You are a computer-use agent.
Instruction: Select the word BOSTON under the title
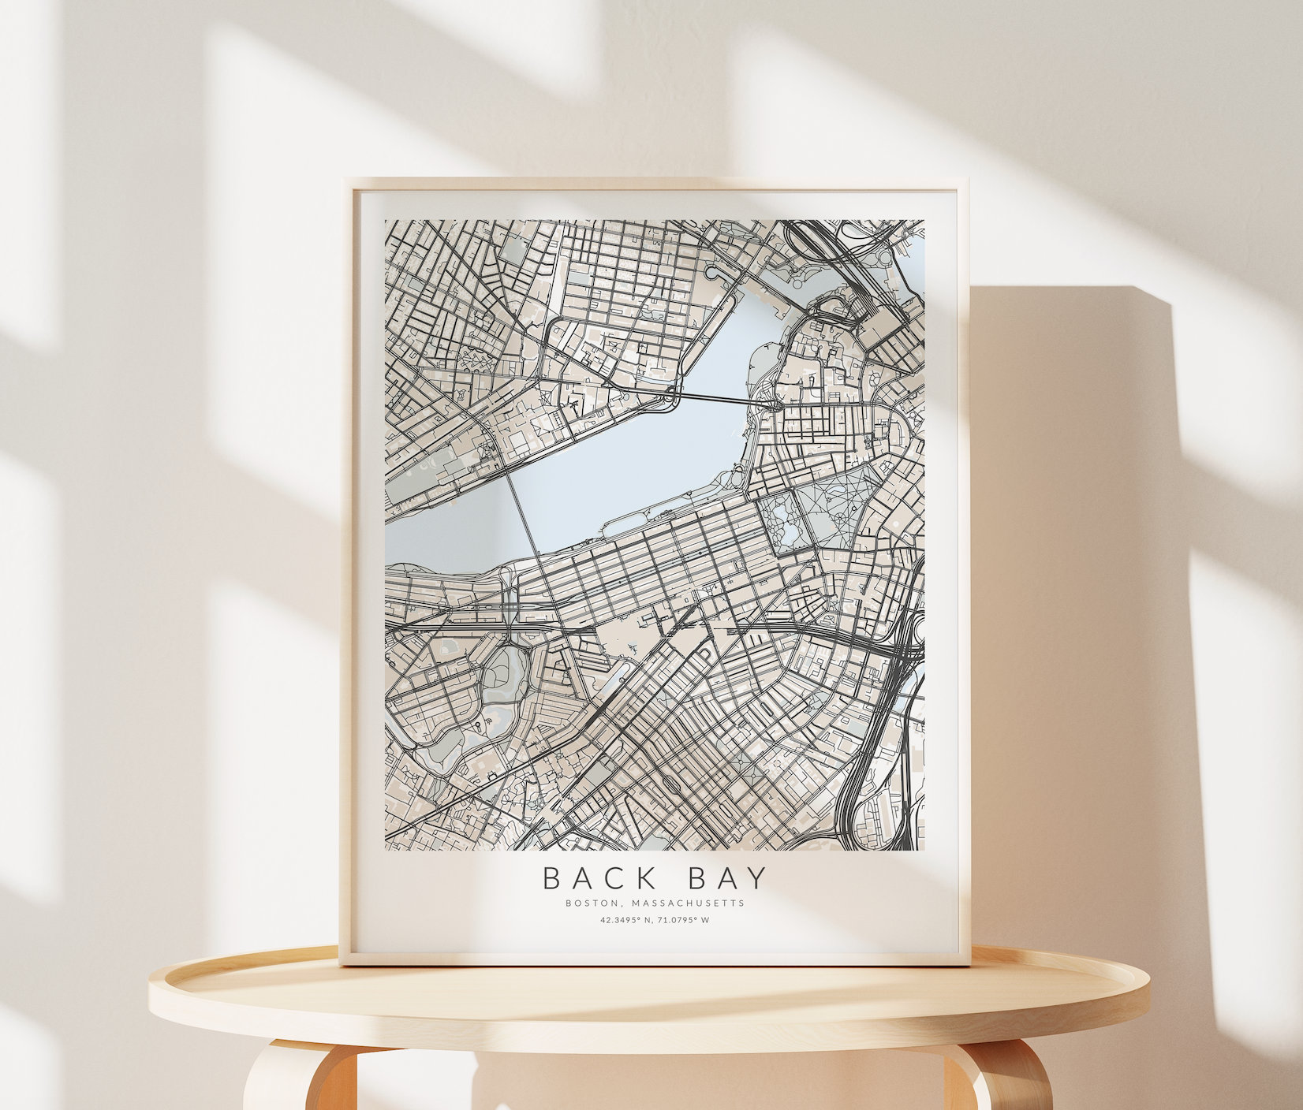coord(588,903)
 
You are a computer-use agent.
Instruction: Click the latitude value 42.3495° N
coord(622,920)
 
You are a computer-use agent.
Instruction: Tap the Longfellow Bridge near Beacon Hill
coord(722,399)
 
